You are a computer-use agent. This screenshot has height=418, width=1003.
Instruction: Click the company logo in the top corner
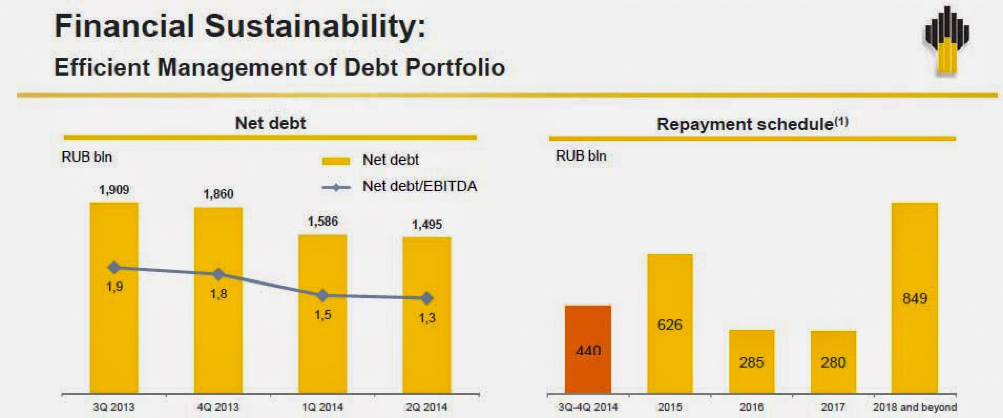[947, 41]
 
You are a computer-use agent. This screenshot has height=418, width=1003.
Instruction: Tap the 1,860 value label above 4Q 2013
[218, 194]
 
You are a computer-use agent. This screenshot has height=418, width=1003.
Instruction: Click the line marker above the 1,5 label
[323, 296]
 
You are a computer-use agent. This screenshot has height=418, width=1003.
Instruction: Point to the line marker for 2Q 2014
[427, 298]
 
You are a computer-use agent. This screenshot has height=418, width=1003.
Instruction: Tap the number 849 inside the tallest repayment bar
[915, 298]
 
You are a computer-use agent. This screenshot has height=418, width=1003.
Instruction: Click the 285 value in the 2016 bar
[752, 362]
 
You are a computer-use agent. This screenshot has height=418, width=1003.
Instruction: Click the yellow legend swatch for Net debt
[336, 161]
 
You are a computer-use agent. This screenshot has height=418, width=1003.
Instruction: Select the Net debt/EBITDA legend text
[419, 186]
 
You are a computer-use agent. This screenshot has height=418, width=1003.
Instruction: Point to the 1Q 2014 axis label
[323, 407]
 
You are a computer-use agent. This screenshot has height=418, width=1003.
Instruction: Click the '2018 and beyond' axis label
[915, 407]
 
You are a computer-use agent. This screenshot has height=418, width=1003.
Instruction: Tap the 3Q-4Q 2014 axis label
[588, 407]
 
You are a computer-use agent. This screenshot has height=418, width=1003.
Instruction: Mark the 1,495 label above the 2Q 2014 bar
[427, 225]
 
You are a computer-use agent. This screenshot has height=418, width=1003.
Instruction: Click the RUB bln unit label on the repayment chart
[581, 156]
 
